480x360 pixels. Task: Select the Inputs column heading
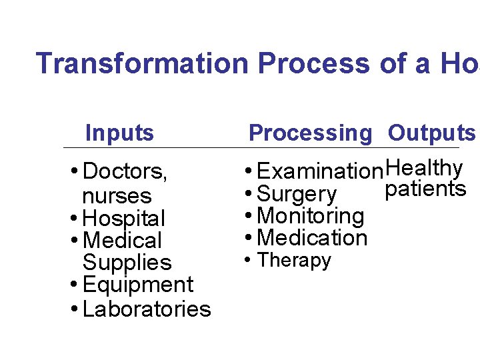[x=119, y=133]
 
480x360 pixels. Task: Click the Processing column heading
[x=310, y=133]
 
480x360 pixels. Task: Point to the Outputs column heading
[x=431, y=133]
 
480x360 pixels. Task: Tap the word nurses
[x=117, y=196]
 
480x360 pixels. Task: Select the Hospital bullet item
[x=124, y=218]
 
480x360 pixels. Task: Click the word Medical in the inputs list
[x=123, y=240]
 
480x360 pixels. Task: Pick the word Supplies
[x=127, y=263]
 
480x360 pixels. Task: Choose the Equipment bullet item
[x=138, y=285]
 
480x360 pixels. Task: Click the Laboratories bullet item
[x=147, y=309]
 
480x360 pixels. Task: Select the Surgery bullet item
[x=297, y=194]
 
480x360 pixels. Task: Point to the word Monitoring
[x=310, y=215]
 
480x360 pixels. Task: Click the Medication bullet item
[x=312, y=237]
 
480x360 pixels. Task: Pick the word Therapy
[x=294, y=260]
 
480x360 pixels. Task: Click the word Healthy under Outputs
[x=424, y=167]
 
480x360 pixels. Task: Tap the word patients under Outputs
[x=425, y=189]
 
